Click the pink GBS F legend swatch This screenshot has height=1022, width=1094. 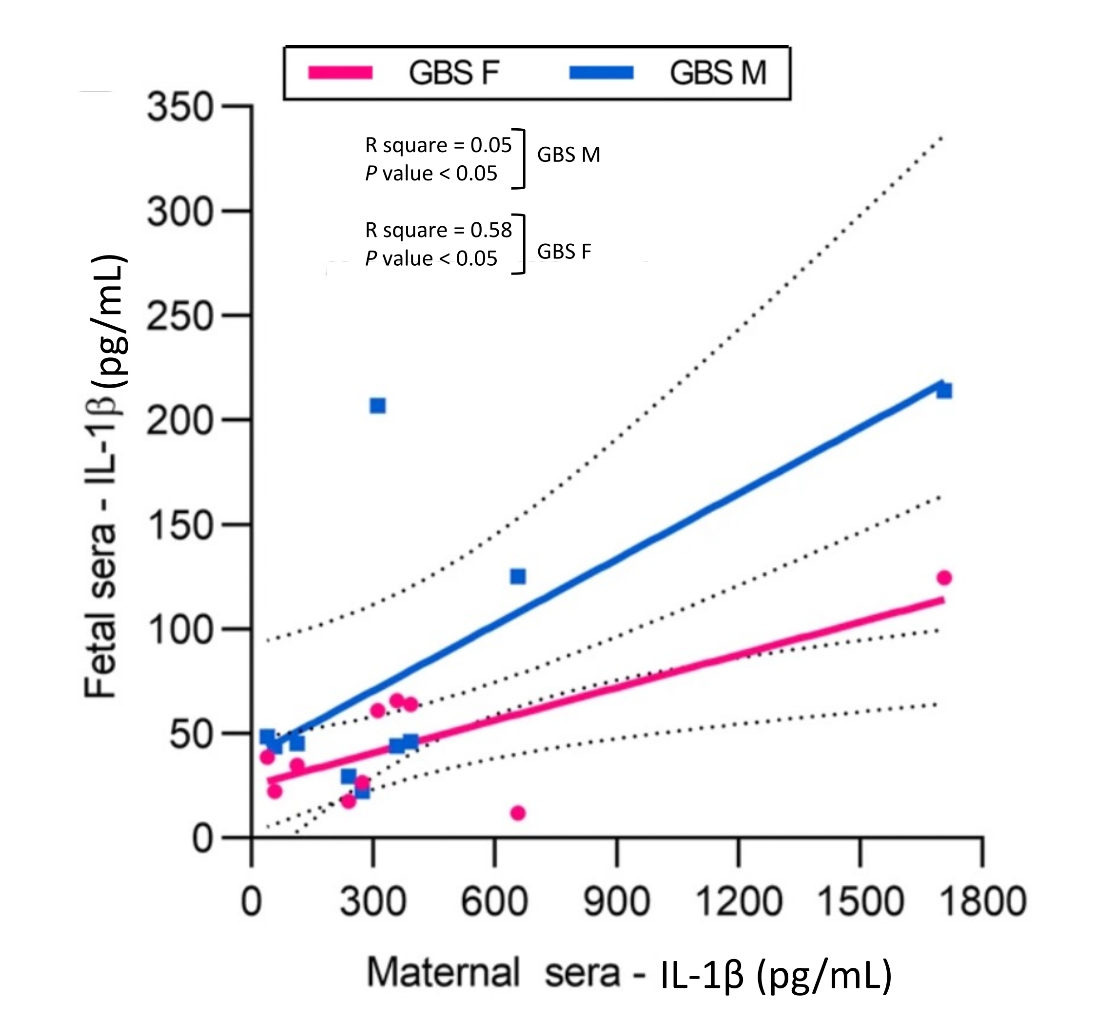[x=341, y=73]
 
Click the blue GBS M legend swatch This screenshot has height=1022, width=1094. [x=602, y=73]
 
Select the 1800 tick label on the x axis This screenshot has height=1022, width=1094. [x=983, y=902]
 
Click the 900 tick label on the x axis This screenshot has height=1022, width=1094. [x=617, y=902]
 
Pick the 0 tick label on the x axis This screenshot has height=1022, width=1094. [x=252, y=902]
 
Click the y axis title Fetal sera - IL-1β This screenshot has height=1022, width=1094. [x=104, y=476]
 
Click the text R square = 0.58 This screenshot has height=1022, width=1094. [x=438, y=230]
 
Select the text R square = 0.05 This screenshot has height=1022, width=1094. [x=438, y=145]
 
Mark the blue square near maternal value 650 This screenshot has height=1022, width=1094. [x=518, y=576]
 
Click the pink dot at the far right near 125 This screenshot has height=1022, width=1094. [x=944, y=577]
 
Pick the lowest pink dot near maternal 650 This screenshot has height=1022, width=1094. [x=518, y=813]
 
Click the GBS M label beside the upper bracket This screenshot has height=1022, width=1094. [x=568, y=155]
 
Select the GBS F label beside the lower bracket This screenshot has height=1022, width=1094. [x=564, y=252]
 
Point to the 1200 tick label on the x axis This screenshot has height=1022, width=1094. [x=739, y=902]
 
